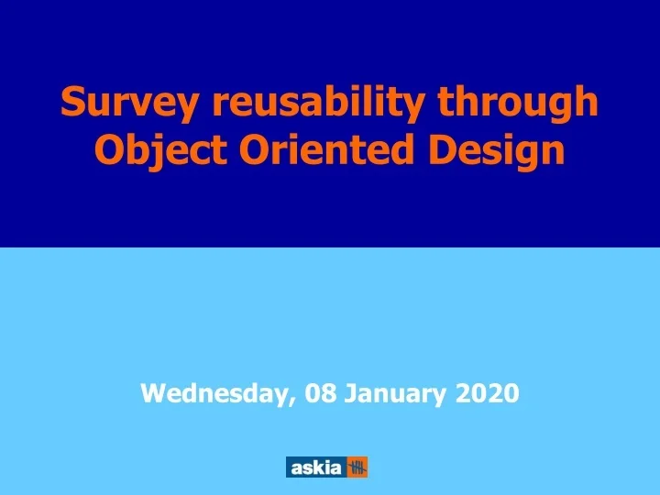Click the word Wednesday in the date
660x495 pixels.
(x=215, y=394)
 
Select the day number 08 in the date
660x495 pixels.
(x=321, y=394)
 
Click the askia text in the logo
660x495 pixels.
(x=315, y=467)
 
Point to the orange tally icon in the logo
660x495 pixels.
(x=357, y=467)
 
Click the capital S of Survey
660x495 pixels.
(x=72, y=104)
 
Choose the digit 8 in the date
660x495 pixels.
(x=328, y=394)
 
